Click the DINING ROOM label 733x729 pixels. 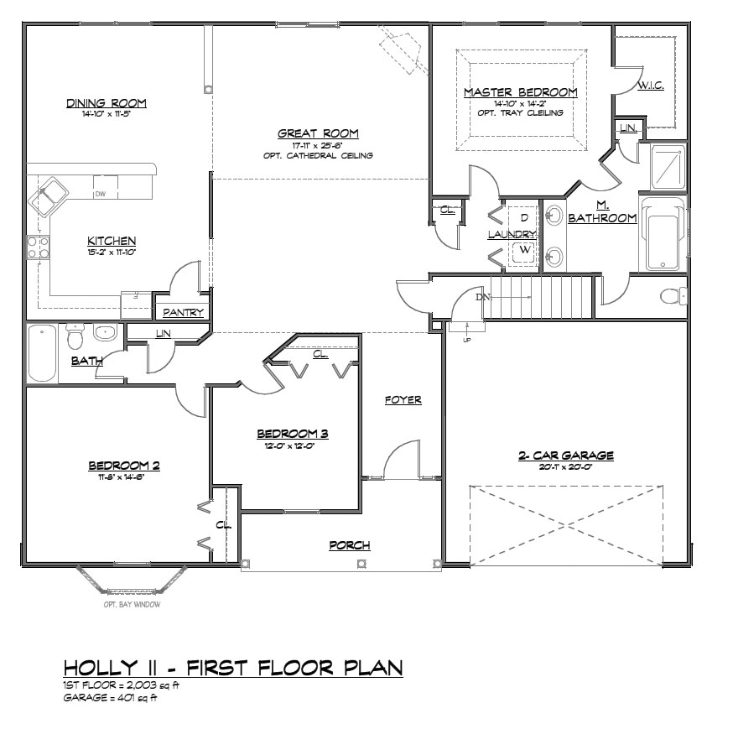coord(107,103)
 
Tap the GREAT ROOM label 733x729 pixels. coord(318,133)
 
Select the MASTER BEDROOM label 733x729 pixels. coord(520,92)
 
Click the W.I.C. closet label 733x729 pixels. coord(652,86)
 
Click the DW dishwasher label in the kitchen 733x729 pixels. coord(100,194)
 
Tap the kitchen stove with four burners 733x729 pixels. coord(38,247)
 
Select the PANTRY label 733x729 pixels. coord(184,312)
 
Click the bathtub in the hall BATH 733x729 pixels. coord(42,353)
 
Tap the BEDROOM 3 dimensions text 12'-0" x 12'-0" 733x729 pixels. coord(292,445)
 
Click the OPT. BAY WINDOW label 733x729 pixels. coord(132,604)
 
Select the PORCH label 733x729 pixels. coord(349,545)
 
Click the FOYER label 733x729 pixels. coord(403,400)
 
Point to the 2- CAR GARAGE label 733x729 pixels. coord(566,456)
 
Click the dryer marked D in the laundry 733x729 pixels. coord(524,217)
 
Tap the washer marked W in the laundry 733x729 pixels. coord(524,250)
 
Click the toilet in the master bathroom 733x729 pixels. coord(673,296)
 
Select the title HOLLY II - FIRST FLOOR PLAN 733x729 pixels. coord(233,668)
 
